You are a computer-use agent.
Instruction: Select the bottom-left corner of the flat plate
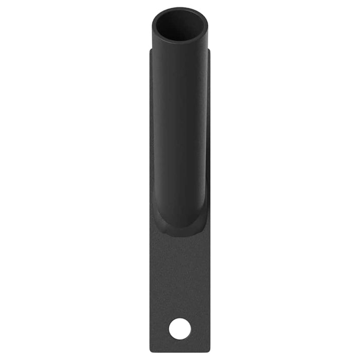(x=151, y=351)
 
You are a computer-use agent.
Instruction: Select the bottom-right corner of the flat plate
(x=209, y=351)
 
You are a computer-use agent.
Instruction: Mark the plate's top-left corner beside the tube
(x=151, y=50)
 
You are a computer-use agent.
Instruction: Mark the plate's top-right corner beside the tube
(x=209, y=50)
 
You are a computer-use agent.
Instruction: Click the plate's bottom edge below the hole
(x=180, y=351)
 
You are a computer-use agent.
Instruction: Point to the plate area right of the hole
(x=201, y=328)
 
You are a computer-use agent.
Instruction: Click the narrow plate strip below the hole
(x=180, y=345)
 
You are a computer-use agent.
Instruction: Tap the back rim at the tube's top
(x=180, y=9)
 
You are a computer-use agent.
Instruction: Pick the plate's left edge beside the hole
(x=151, y=328)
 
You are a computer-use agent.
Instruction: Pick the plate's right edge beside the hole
(x=209, y=328)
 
